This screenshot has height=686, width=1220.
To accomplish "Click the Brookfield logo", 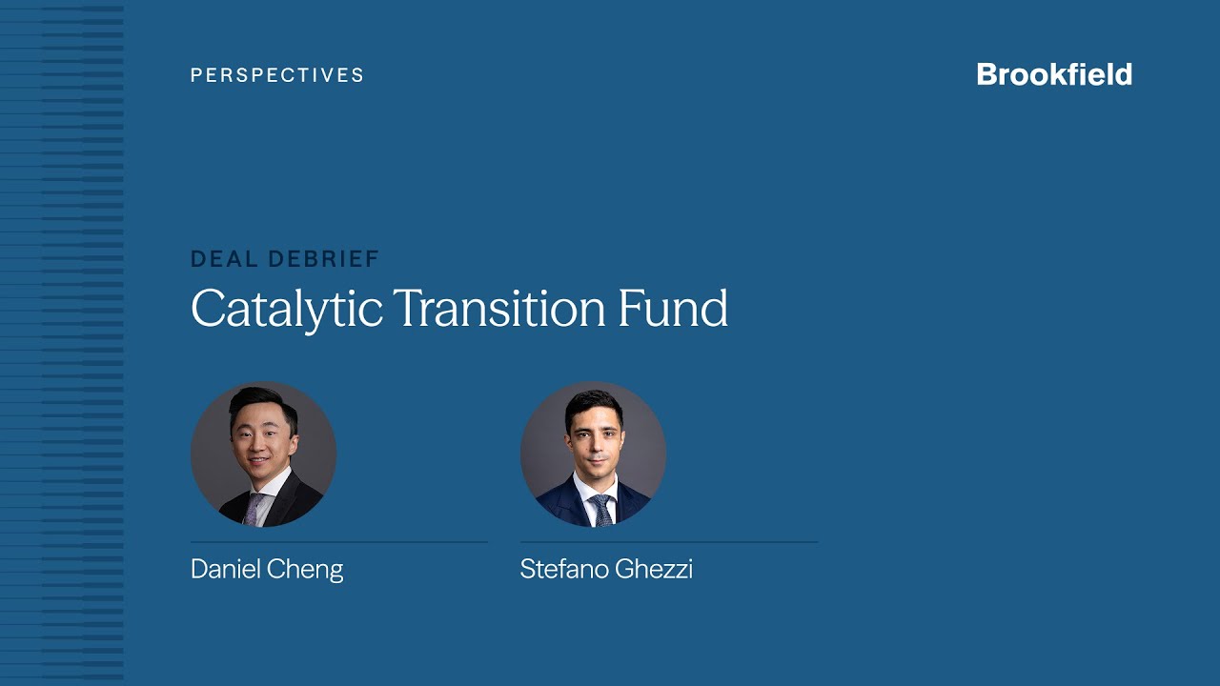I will tap(1054, 74).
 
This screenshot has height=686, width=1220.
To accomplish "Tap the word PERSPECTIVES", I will tap(277, 75).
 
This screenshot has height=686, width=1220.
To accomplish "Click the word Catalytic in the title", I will tap(286, 309).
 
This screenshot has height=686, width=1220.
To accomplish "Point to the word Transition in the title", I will tap(498, 307).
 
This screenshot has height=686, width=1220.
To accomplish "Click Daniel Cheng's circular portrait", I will tap(263, 454).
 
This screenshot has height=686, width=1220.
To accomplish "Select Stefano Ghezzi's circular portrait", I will tap(593, 454).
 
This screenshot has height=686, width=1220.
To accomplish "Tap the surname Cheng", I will tap(306, 570).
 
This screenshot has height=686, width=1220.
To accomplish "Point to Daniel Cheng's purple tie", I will tap(252, 508).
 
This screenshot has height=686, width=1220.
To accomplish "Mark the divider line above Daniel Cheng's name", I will tap(339, 542).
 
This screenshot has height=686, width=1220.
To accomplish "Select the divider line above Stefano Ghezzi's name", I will tap(669, 542).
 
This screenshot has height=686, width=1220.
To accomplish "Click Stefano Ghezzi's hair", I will tap(593, 400).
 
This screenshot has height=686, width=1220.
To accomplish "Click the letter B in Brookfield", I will tap(986, 74).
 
